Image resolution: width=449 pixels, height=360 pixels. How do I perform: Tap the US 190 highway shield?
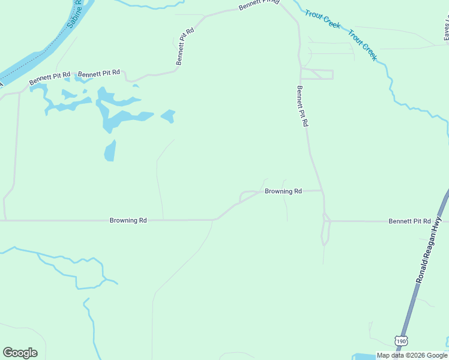coord(401,341)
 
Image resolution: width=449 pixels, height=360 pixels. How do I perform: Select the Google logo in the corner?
coord(20,353)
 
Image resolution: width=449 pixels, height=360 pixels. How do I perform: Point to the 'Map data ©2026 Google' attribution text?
coord(412,355)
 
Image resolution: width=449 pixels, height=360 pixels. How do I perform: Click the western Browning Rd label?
coord(128,220)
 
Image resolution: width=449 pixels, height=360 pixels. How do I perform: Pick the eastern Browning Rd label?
coord(283,191)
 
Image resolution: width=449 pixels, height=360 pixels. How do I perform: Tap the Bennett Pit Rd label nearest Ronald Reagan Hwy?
coord(409,221)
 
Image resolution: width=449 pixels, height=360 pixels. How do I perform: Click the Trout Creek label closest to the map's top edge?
coord(322,19)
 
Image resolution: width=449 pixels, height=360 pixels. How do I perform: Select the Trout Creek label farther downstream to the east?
coord(363,45)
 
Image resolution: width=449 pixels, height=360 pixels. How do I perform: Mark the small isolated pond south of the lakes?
coord(110,151)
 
